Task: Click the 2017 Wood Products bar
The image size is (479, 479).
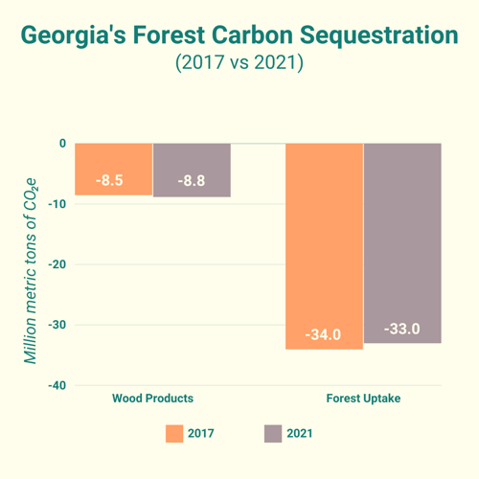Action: [x=114, y=170]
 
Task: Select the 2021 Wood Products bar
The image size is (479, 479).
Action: [x=192, y=171]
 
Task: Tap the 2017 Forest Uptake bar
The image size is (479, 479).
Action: [x=324, y=246]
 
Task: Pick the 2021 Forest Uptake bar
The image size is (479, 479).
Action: [x=402, y=243]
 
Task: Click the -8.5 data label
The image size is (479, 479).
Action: [x=109, y=180]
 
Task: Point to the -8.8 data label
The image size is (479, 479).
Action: [x=192, y=181]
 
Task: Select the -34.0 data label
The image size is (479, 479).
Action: [x=323, y=334]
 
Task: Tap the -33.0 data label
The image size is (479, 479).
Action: [x=402, y=329]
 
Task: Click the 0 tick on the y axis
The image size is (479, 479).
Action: [x=62, y=144]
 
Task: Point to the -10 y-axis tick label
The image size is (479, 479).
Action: [x=57, y=204]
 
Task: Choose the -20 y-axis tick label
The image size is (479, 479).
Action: [x=57, y=264]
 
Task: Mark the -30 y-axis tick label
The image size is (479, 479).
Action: [x=57, y=325]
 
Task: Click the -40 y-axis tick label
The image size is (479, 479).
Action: [x=57, y=385]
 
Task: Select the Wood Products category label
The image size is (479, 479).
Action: [x=152, y=399]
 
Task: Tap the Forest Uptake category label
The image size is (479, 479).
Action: [x=363, y=399]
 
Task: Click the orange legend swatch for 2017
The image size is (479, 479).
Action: [x=174, y=434]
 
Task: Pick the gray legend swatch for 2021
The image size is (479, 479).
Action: [x=273, y=434]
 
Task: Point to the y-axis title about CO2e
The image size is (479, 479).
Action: [x=31, y=271]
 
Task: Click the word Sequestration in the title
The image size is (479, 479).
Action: [x=379, y=35]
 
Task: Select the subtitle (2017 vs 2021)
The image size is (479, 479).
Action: [x=239, y=62]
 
